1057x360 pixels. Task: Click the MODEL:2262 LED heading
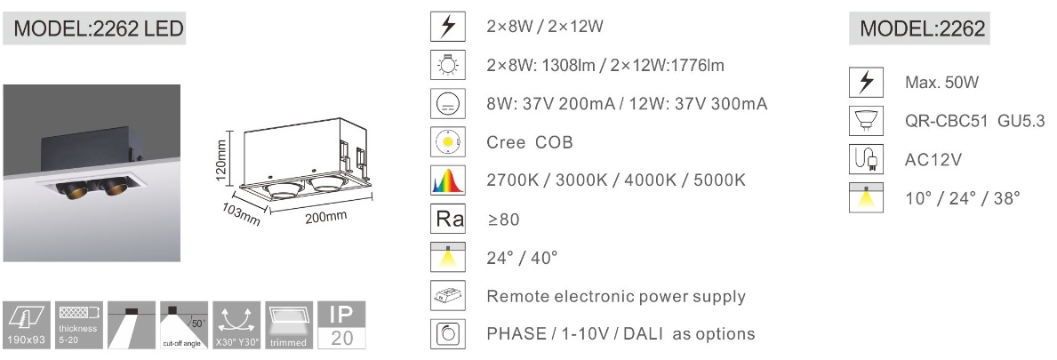tap(94, 29)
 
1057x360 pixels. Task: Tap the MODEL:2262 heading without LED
tap(919, 29)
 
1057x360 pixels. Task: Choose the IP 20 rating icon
tap(341, 325)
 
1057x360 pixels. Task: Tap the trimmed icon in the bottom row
tap(289, 325)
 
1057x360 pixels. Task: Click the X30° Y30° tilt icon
tap(236, 325)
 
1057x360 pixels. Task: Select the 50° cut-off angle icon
tap(184, 325)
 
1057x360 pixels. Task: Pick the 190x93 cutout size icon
tap(27, 325)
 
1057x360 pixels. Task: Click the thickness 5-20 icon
tap(79, 325)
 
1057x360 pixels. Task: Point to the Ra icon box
tap(448, 219)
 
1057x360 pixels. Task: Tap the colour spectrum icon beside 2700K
tap(448, 180)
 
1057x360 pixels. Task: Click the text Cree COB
tap(529, 143)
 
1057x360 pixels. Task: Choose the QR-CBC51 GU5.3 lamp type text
tap(974, 122)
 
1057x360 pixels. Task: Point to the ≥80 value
tap(503, 220)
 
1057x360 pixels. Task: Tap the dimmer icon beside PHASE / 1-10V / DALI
tap(448, 333)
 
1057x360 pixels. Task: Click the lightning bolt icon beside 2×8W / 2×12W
tap(448, 27)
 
